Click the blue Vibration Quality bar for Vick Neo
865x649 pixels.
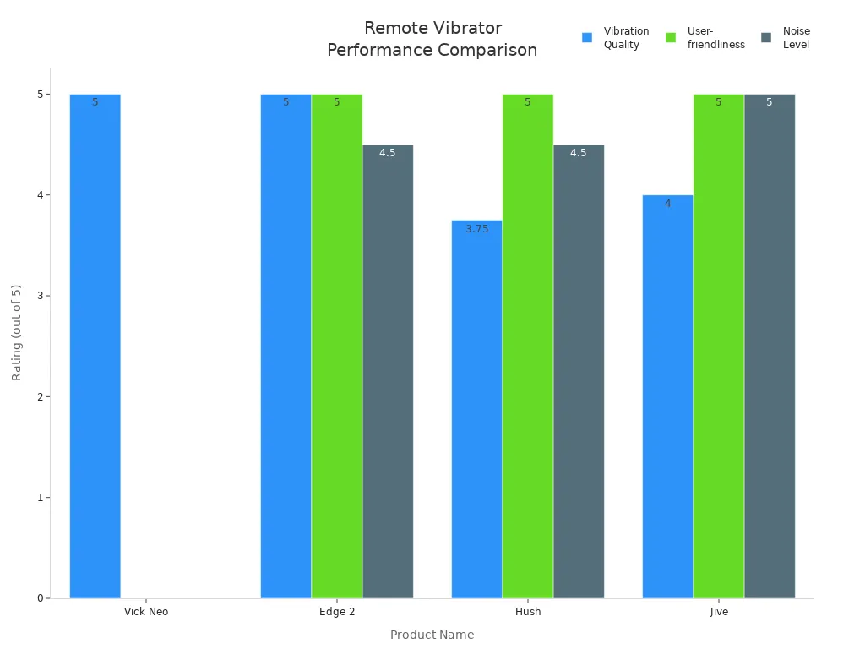[x=95, y=346]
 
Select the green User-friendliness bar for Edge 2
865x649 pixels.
[x=336, y=346]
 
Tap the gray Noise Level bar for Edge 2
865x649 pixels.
[x=388, y=372]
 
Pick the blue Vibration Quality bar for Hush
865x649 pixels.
[x=476, y=410]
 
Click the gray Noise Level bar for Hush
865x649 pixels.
[x=579, y=372]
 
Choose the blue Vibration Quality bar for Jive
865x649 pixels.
[x=667, y=397]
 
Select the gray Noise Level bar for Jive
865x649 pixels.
[x=770, y=346]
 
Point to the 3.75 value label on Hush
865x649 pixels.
[x=477, y=229]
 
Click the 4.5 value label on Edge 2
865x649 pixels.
[x=388, y=153]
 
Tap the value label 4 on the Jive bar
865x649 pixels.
[x=667, y=204]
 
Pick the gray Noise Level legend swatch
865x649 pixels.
[x=766, y=38]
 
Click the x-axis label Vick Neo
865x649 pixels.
[x=146, y=612]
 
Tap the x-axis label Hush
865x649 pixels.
[x=528, y=612]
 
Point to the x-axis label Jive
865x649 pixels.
[x=719, y=612]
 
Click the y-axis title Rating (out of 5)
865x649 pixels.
[x=17, y=333]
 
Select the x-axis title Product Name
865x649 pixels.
[x=432, y=635]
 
